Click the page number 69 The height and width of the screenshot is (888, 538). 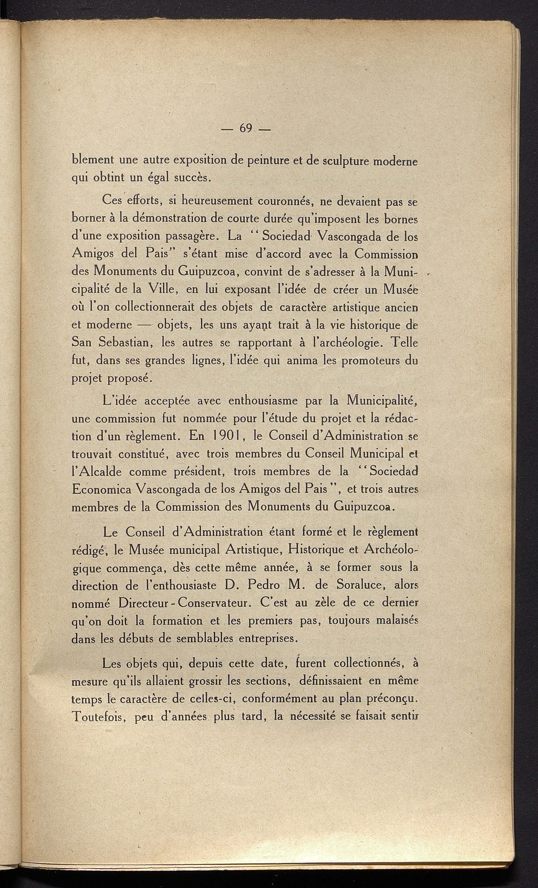pos(246,128)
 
